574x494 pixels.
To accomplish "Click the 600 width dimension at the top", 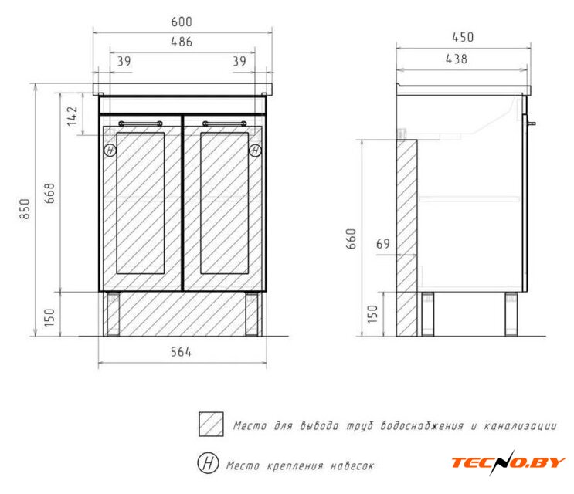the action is coord(182,22).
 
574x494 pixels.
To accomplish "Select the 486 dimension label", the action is coord(182,42).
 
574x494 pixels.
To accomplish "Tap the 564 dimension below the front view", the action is coord(182,352).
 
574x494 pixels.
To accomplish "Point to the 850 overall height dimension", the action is coord(25,208).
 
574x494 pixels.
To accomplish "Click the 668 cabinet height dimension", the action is coord(49,193).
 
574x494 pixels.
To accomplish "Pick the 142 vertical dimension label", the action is coord(72,117).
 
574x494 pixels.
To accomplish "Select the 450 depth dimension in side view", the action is coord(463,37).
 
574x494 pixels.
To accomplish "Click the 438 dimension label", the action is coord(457,59).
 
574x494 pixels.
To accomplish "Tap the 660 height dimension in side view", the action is coord(351,239).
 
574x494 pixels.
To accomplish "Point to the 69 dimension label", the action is coord(383,243).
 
